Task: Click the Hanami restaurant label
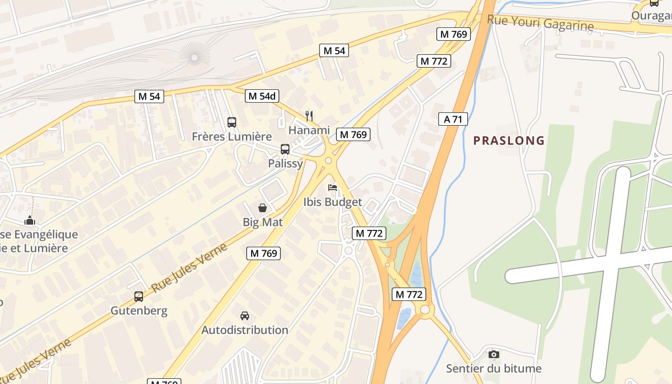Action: pos(309,130)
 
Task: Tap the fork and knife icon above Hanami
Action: pos(309,116)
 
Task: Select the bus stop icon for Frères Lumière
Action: pos(232,122)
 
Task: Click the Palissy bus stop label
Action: pos(286,163)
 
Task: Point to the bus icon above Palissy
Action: pos(285,149)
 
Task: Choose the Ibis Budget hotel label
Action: pos(333,202)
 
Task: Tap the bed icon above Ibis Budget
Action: pos(333,187)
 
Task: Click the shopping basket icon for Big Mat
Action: pos(263,208)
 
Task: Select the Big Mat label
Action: pos(263,222)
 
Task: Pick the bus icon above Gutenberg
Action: pos(139,297)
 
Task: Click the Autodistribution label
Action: pos(245,330)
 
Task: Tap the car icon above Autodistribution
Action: pos(245,316)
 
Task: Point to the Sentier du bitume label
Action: pos(493,369)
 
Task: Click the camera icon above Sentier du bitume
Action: pos(493,355)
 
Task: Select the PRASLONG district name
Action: pos(509,141)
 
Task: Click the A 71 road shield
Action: pos(453,119)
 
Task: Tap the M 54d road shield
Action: pos(262,96)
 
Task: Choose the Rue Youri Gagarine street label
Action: pos(540,23)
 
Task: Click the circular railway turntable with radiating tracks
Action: pos(194,58)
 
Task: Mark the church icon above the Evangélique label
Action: pos(30,220)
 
